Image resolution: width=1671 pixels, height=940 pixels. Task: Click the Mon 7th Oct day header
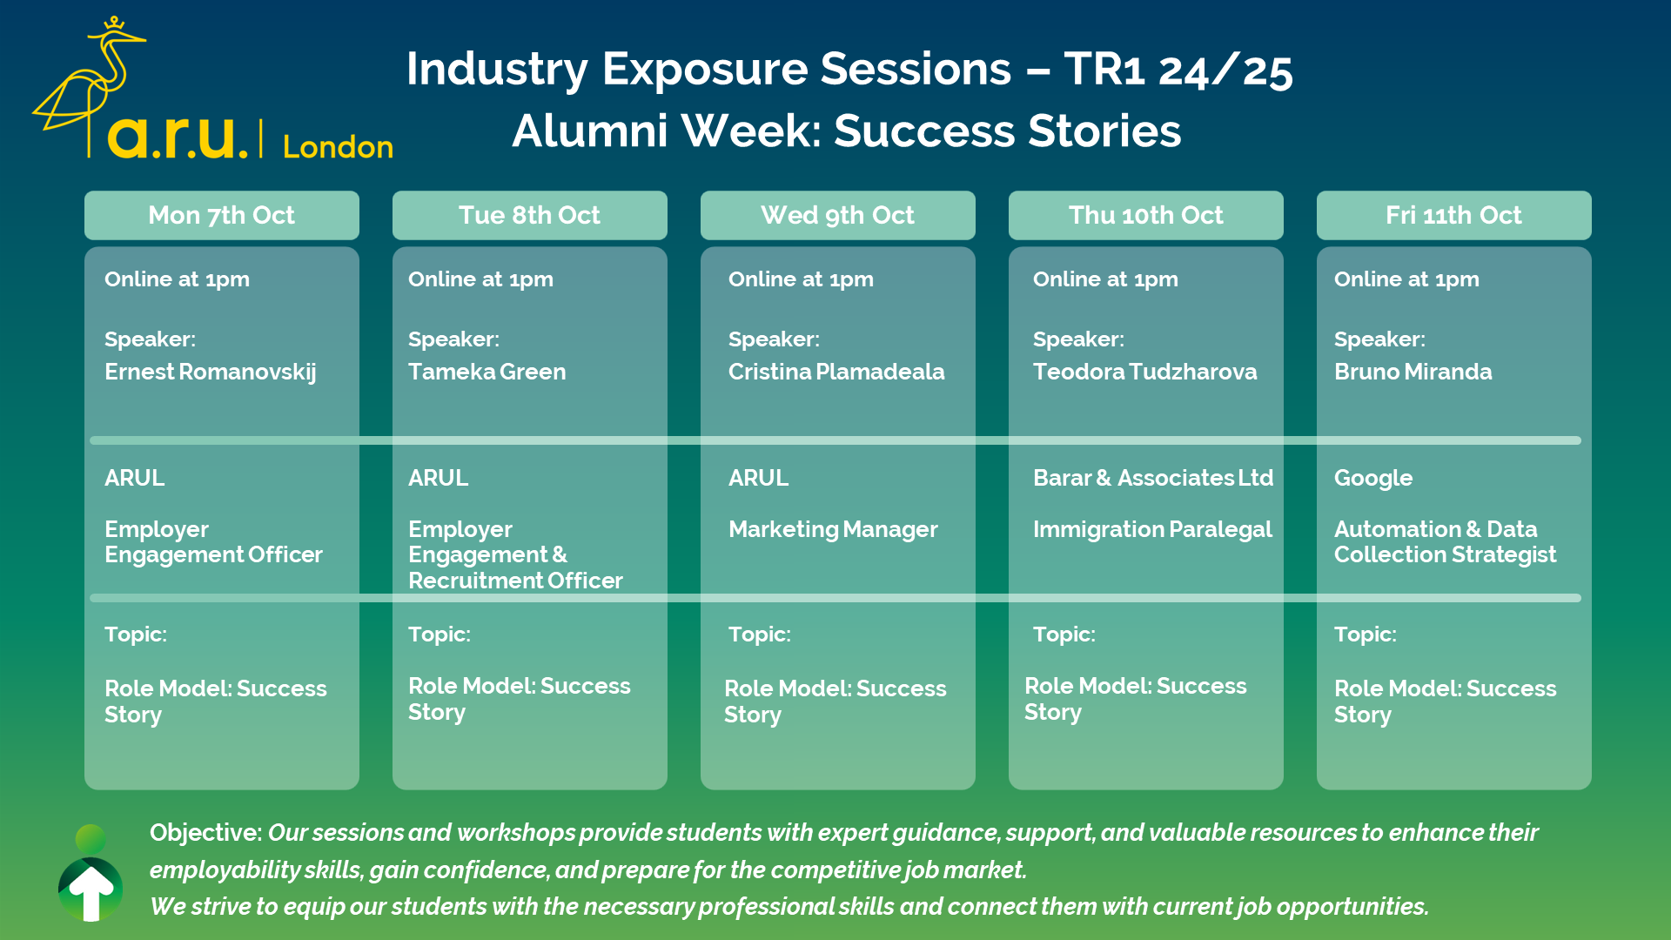222,215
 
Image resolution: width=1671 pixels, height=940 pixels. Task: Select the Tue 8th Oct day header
530,215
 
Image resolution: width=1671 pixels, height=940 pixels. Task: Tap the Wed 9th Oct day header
838,215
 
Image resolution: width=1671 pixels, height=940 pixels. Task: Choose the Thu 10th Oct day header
1146,215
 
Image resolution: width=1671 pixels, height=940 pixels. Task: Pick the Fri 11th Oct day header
1454,215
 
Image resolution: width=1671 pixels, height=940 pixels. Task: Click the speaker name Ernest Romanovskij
211,372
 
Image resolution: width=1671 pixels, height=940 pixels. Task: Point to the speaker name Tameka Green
487,372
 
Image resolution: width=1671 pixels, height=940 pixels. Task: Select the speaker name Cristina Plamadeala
836,372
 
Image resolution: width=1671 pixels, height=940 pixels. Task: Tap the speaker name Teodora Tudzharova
1145,372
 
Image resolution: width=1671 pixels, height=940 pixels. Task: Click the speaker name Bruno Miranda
1413,372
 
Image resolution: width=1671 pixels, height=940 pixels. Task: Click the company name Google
1373,478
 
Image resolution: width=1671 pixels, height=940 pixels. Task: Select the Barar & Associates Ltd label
1153,478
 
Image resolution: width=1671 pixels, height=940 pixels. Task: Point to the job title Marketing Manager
833,529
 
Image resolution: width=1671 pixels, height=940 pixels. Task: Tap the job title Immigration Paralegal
1152,529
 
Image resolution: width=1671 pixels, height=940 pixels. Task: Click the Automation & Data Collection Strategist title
1446,541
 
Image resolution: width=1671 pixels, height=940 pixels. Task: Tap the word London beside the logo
338,146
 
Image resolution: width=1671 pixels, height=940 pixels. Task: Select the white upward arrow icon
91,893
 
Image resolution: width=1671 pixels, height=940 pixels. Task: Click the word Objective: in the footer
205,833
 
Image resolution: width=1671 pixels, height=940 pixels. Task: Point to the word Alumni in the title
589,131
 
